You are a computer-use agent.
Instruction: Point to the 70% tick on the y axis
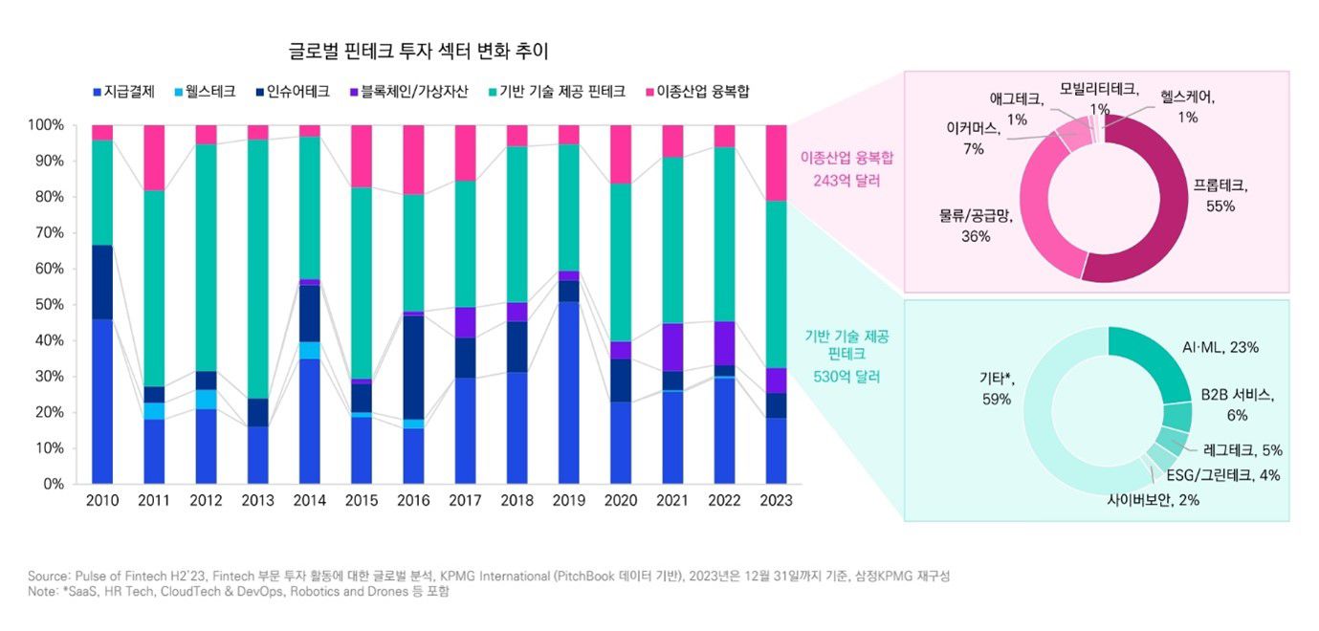[46, 233]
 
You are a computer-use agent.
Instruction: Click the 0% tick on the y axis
[50, 485]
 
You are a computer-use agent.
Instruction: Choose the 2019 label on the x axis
[568, 501]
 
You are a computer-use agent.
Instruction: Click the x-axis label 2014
[310, 501]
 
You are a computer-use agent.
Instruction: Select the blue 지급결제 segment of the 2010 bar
[102, 402]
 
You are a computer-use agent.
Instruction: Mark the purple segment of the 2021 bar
[672, 347]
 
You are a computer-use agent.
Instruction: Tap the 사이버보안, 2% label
[1153, 499]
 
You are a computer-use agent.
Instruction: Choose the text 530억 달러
[846, 377]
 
